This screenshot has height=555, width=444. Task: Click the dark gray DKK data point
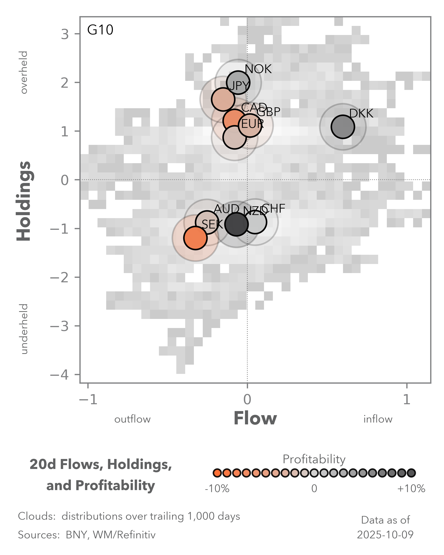(x=343, y=127)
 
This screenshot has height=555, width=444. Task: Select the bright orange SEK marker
(x=195, y=238)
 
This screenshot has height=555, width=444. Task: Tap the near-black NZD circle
(x=236, y=224)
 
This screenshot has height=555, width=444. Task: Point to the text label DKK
(x=361, y=114)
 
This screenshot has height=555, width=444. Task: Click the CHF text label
(x=273, y=209)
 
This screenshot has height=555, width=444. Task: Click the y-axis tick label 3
(x=65, y=34)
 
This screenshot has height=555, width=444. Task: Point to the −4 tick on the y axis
(x=60, y=375)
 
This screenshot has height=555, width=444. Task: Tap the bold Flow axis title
(x=255, y=418)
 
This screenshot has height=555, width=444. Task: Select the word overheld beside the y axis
(x=24, y=72)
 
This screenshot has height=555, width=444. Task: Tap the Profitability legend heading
(x=314, y=459)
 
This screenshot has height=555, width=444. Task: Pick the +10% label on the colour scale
(x=411, y=488)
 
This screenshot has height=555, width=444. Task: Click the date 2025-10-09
(x=385, y=535)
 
